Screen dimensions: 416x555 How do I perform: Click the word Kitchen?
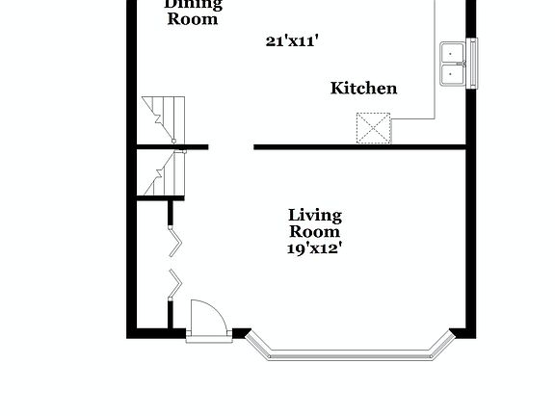click(363, 89)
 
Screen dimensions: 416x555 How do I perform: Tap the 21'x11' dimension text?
click(292, 40)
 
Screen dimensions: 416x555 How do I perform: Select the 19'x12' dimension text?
click(315, 247)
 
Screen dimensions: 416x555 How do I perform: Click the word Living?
click(315, 215)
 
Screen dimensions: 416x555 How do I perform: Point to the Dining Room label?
click(193, 11)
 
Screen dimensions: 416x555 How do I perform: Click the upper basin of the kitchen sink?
click(451, 52)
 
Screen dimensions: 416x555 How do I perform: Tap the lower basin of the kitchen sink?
click(451, 75)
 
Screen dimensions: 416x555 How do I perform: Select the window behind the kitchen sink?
click(471, 64)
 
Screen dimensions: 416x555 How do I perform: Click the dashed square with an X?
click(374, 127)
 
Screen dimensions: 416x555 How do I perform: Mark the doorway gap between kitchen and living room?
click(231, 147)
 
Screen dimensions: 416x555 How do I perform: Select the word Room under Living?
click(315, 231)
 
